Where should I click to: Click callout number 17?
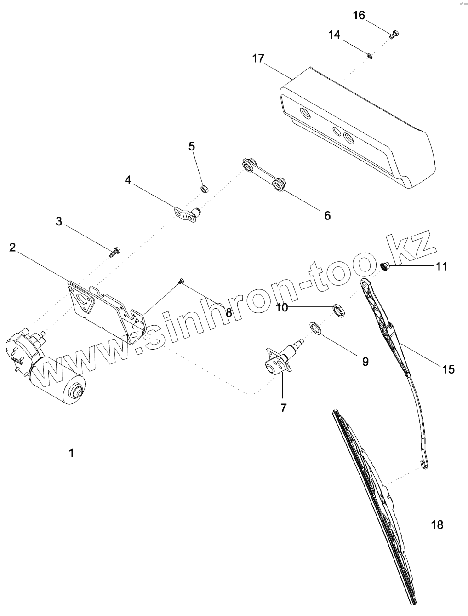pos(258,59)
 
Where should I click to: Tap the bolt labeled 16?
pos(394,34)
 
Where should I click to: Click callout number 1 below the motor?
pos(71,453)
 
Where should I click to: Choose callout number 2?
pos(13,248)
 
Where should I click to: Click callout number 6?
pos(327,215)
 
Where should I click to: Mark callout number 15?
pos(448,368)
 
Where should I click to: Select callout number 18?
pos(437,524)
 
